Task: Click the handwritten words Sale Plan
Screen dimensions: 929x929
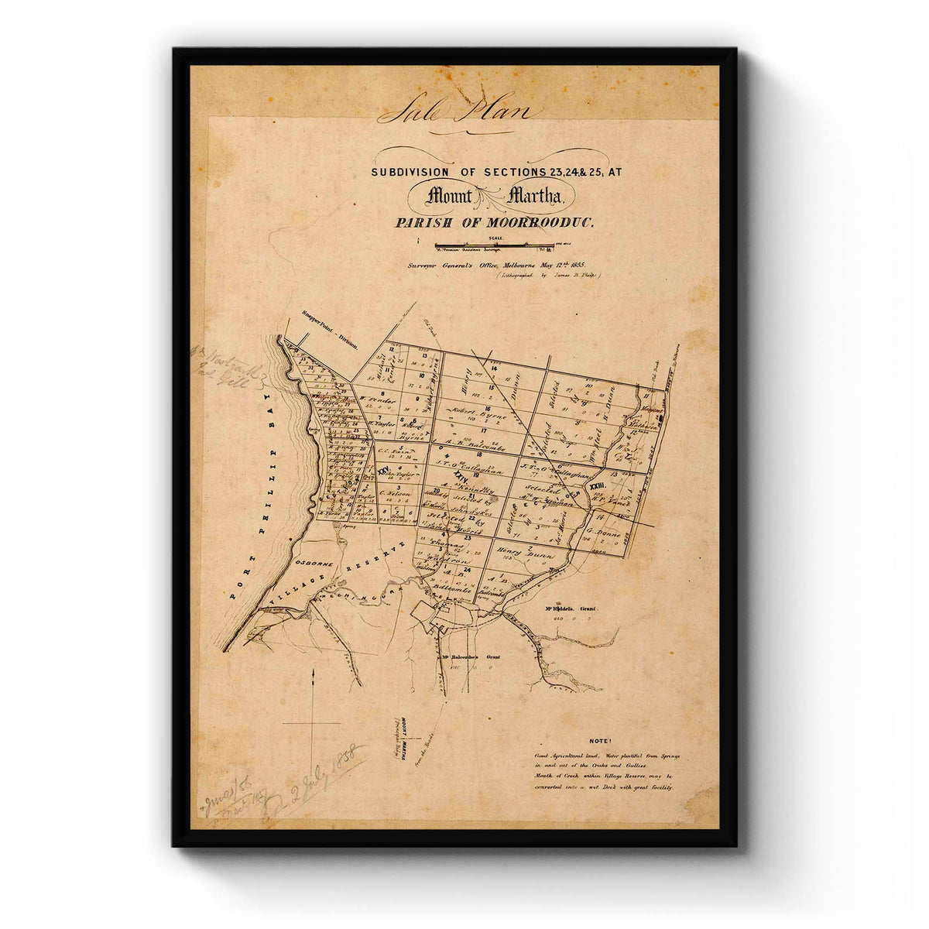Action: (x=458, y=111)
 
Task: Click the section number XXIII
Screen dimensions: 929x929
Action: (x=596, y=486)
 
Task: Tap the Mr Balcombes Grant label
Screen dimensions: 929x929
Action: (x=470, y=656)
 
